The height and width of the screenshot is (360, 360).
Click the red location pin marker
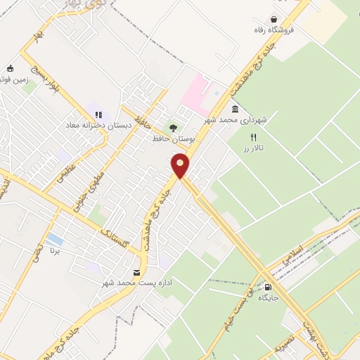(x=181, y=165)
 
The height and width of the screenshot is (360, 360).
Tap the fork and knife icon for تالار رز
(x=254, y=138)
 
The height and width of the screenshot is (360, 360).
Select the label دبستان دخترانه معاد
(x=90, y=125)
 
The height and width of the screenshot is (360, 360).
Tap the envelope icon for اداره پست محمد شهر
(x=136, y=272)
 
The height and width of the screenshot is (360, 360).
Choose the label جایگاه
(x=269, y=298)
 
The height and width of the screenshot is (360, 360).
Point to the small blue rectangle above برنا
(x=53, y=240)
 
